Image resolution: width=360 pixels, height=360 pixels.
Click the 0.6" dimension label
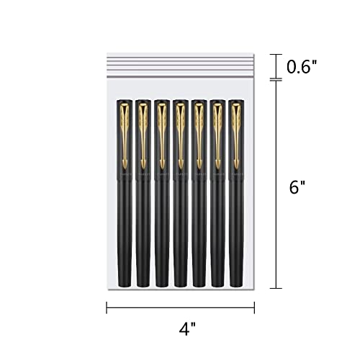[302, 67]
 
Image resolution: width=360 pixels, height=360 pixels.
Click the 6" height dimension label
[297, 187]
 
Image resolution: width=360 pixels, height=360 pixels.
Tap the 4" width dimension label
[187, 328]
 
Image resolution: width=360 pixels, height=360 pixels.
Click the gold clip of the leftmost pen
[125, 135]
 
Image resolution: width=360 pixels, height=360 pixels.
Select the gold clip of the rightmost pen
[236, 135]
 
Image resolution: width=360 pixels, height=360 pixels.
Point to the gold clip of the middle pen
[181, 135]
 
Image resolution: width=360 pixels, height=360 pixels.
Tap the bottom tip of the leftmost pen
[125, 287]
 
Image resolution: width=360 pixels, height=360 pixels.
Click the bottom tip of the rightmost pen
[236, 287]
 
